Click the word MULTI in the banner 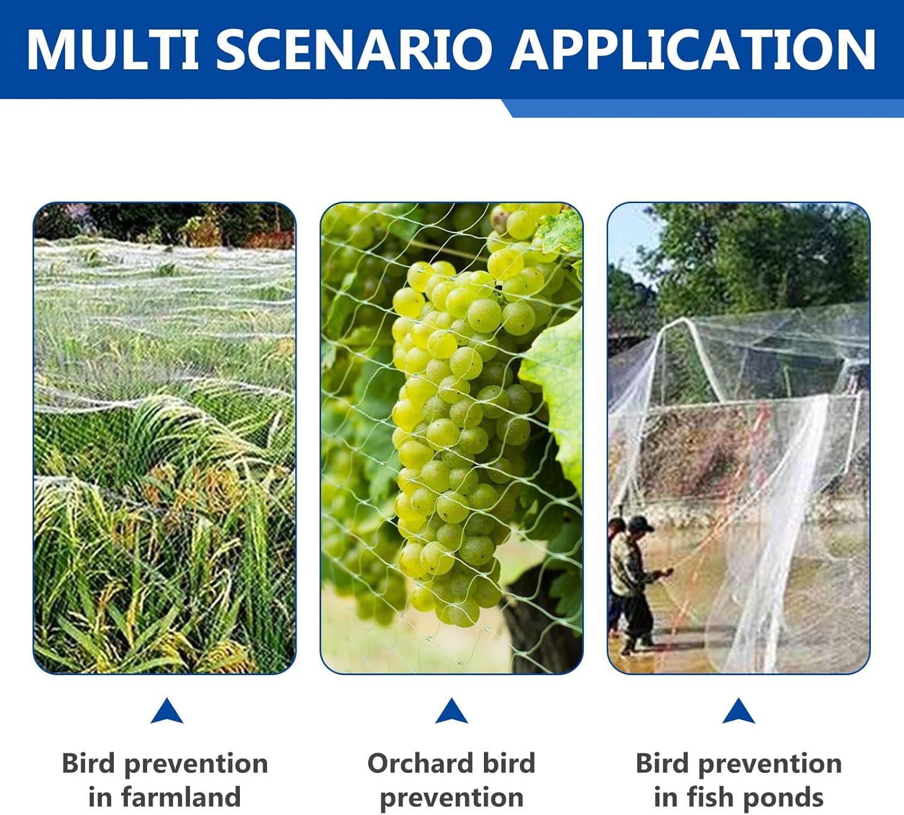(113, 49)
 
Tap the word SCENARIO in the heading (354, 49)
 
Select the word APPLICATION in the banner (693, 49)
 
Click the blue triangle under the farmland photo (167, 711)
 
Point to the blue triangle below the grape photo (451, 711)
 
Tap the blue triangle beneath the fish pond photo (739, 711)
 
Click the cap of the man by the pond (641, 523)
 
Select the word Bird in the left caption (89, 763)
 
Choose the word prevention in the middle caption (451, 798)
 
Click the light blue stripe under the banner (703, 108)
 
